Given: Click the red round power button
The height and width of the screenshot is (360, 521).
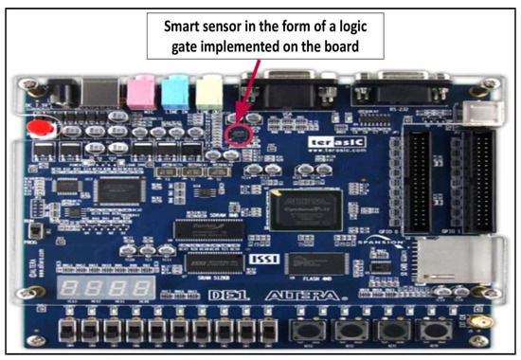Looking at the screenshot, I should [x=38, y=129].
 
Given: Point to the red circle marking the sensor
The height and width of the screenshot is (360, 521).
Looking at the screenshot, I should [x=240, y=132].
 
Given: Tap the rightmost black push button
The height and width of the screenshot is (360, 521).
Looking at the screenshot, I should [x=433, y=332].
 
